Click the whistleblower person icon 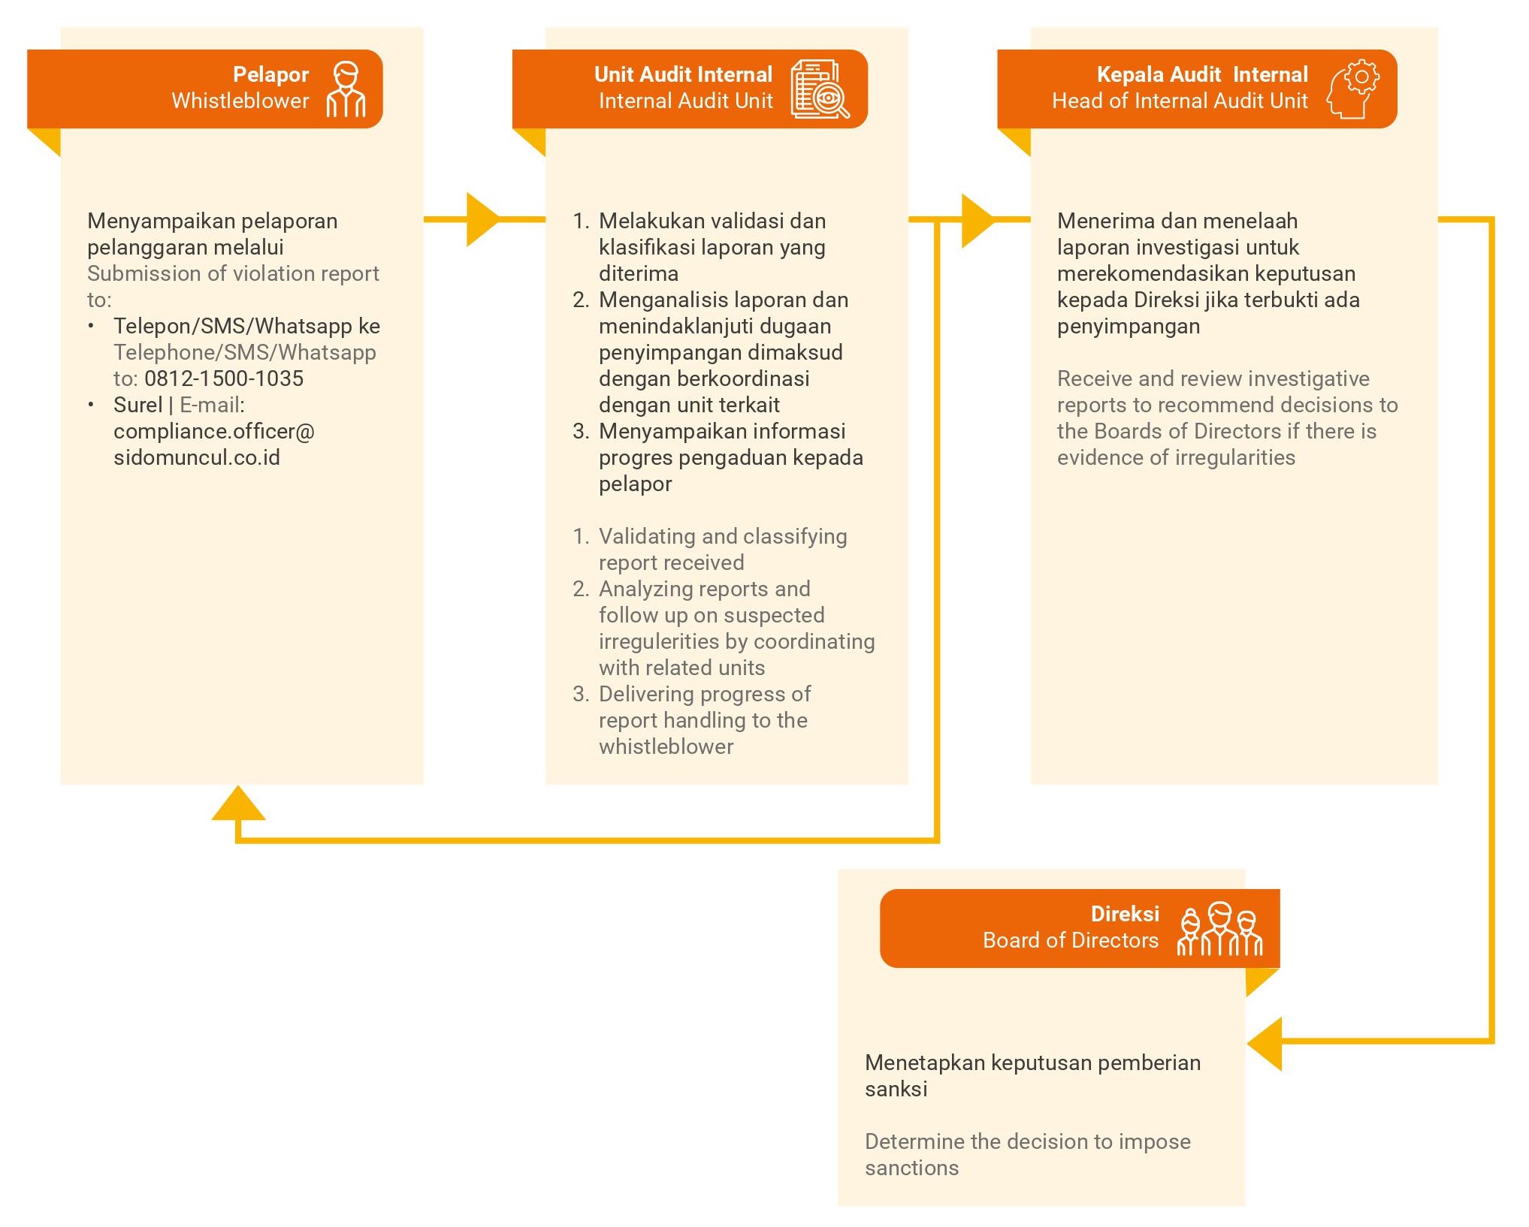[x=346, y=89]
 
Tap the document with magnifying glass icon [x=820, y=89]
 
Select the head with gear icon [x=1352, y=89]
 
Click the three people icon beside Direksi [x=1219, y=929]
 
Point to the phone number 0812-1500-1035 [x=224, y=378]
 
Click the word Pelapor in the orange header [x=270, y=74]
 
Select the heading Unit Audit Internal [x=683, y=74]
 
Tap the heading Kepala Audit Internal [x=1202, y=74]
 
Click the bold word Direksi [x=1125, y=914]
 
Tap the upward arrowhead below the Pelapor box [x=238, y=803]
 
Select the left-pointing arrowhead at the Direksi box [x=1265, y=1044]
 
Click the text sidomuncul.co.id [x=197, y=457]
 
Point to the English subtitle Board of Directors [x=1071, y=940]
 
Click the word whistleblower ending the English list [x=666, y=746]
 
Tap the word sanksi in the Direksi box [x=896, y=1089]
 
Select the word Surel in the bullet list [x=138, y=405]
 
